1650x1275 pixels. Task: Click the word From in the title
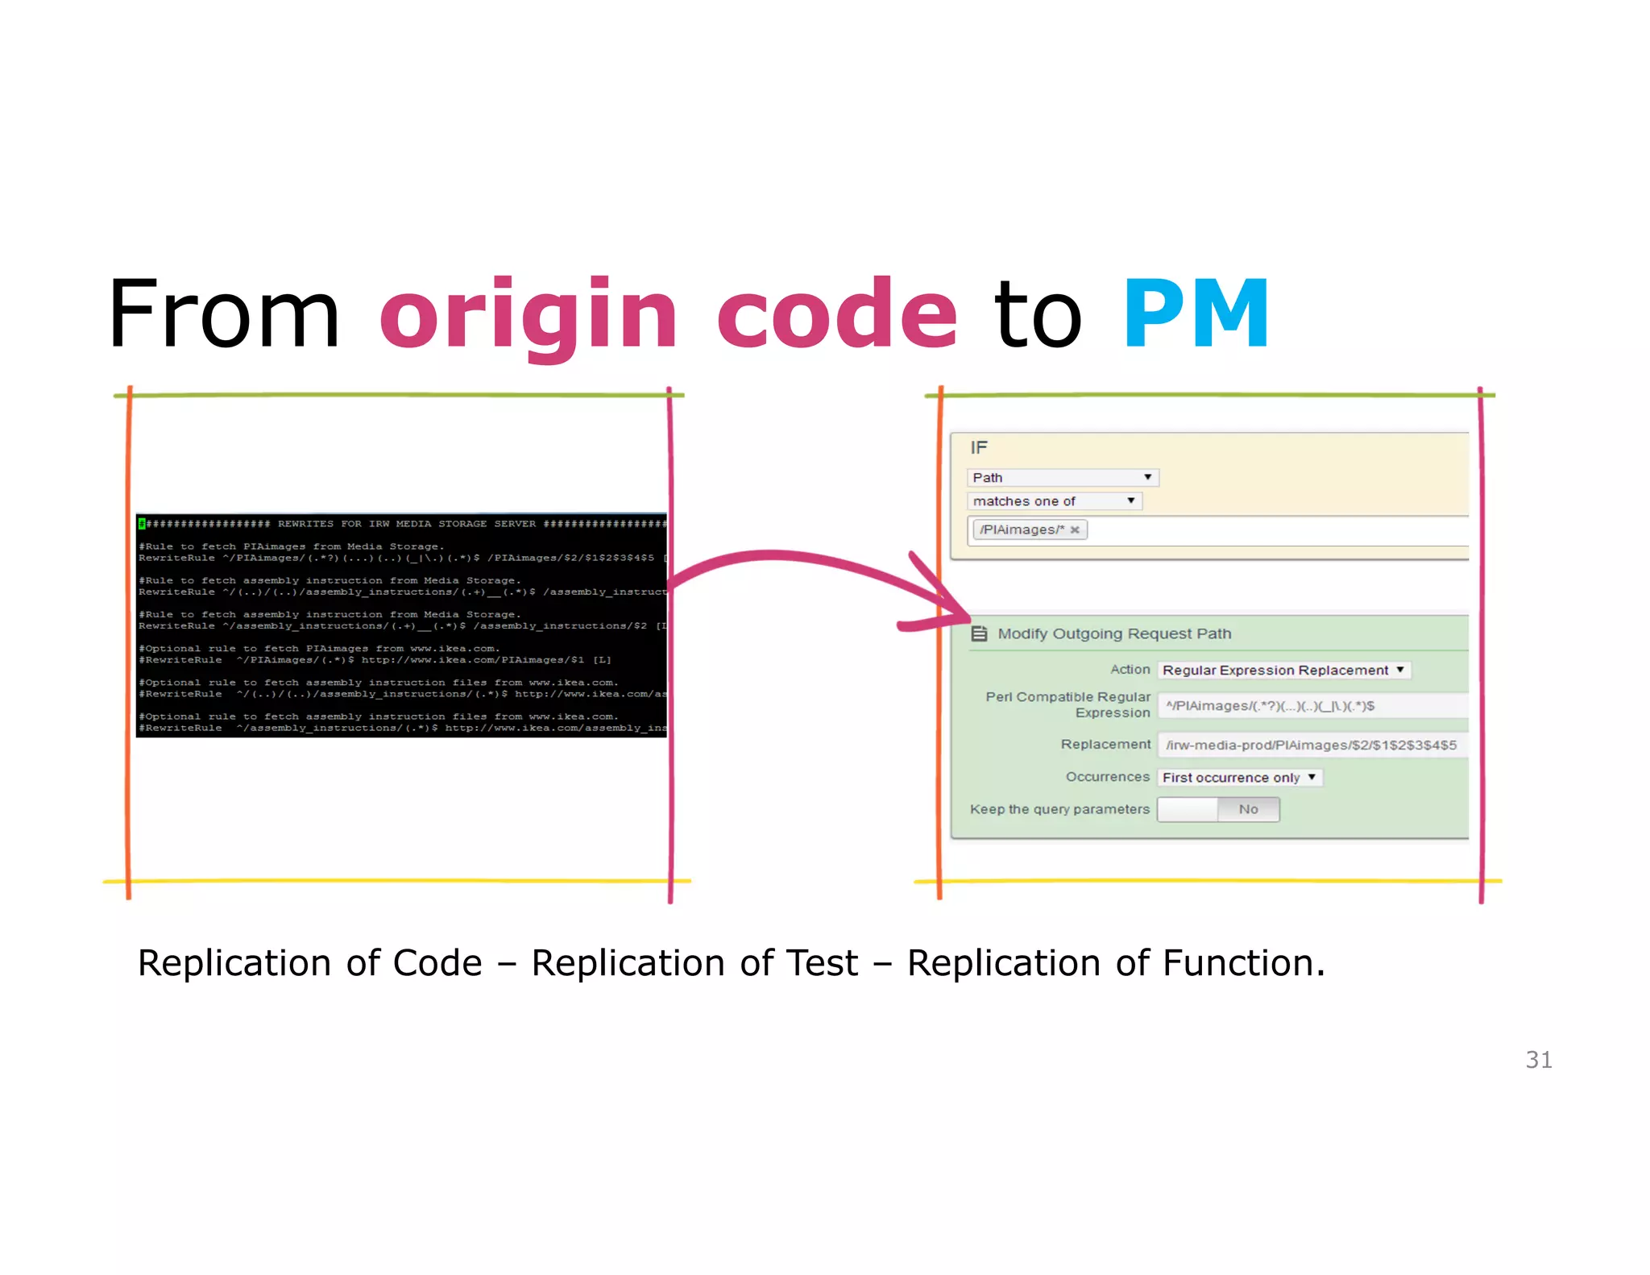pyautogui.click(x=224, y=314)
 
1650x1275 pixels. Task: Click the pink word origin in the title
pyautogui.click(x=529, y=314)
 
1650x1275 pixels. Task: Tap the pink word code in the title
pyautogui.click(x=836, y=314)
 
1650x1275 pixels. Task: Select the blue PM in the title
pyautogui.click(x=1196, y=314)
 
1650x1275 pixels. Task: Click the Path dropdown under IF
pyautogui.click(x=1062, y=478)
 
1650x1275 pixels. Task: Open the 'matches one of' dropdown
pyautogui.click(x=1054, y=501)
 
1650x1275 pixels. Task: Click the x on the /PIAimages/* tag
pyautogui.click(x=1074, y=530)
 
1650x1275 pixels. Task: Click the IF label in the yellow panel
pyautogui.click(x=979, y=448)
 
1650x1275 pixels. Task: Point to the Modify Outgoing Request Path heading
pyautogui.click(x=1114, y=633)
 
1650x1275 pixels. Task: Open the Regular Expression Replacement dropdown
pyautogui.click(x=1283, y=671)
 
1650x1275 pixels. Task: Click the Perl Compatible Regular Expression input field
pyautogui.click(x=1312, y=706)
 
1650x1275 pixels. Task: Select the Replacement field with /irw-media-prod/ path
pyautogui.click(x=1312, y=745)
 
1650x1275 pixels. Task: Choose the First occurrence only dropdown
pyautogui.click(x=1239, y=778)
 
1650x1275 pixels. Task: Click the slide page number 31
pyautogui.click(x=1538, y=1060)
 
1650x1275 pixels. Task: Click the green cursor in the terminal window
pyautogui.click(x=142, y=524)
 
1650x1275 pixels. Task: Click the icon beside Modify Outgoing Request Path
pyautogui.click(x=979, y=633)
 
